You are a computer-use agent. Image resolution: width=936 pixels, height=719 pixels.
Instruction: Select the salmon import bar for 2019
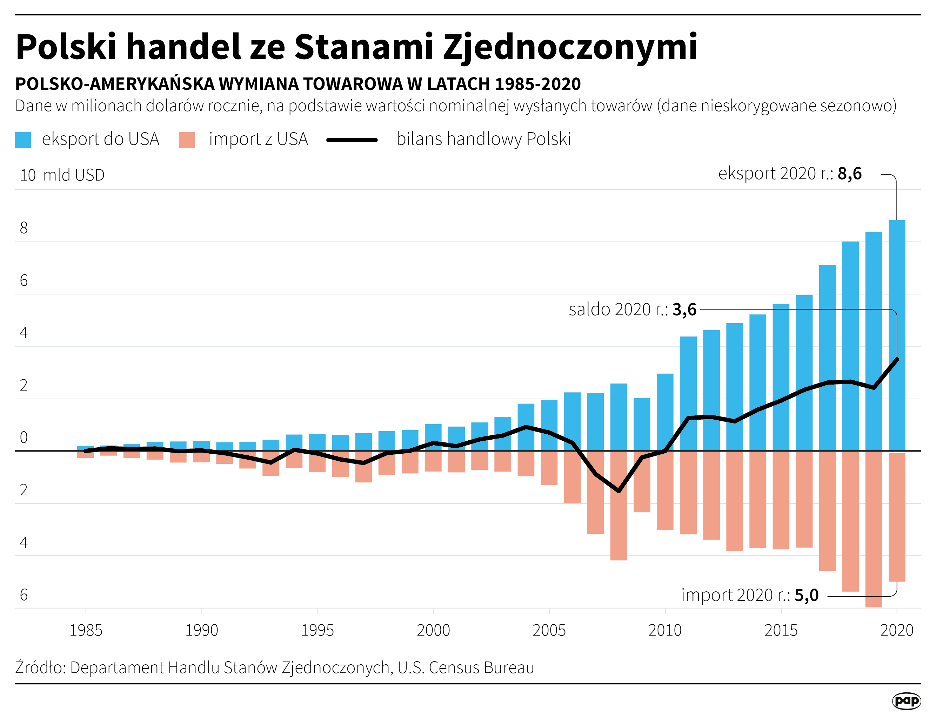click(874, 529)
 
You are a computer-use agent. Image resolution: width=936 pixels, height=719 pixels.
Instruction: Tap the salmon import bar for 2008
click(618, 527)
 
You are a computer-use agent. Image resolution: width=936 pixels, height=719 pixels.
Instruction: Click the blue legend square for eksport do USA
click(23, 140)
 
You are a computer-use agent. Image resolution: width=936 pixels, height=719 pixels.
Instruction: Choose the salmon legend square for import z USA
click(187, 140)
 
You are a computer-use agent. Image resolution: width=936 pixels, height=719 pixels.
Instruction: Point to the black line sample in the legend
click(352, 140)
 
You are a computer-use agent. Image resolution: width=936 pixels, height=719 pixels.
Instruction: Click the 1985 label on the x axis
click(86, 630)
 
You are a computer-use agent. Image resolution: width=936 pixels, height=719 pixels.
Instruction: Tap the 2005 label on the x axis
click(549, 630)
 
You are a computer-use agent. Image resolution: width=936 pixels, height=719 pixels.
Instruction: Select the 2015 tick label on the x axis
click(781, 630)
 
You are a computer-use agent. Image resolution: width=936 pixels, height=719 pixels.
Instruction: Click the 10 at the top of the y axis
click(28, 175)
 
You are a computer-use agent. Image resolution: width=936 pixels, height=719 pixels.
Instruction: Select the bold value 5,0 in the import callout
click(806, 595)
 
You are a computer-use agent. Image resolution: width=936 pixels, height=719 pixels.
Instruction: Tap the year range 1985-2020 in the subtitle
click(538, 84)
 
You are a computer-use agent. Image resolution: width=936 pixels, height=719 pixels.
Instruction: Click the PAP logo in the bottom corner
click(907, 701)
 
